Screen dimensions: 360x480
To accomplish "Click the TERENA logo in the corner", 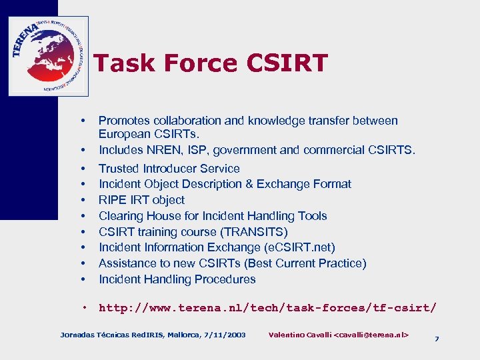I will [x=48, y=56].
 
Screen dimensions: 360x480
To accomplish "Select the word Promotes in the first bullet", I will [x=123, y=121].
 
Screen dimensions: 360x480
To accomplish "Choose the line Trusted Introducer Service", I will [x=169, y=169].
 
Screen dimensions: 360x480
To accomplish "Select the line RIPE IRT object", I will [x=141, y=200].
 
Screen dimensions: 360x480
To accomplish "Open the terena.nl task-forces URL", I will [x=267, y=308].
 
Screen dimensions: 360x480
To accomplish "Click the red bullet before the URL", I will [x=86, y=307].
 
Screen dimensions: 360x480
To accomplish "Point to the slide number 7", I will [x=437, y=339].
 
